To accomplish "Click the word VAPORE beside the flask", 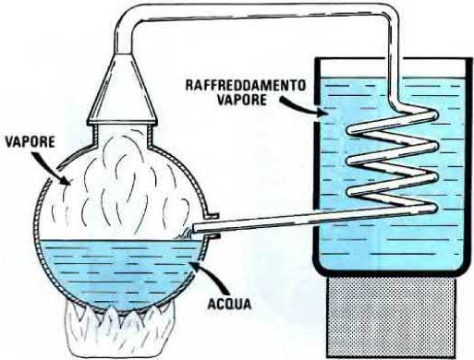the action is [x=30, y=141].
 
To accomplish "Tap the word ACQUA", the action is [x=230, y=304].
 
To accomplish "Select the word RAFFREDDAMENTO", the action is [x=246, y=85].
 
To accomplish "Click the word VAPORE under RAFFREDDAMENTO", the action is [x=242, y=100].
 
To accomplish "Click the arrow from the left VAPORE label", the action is [x=54, y=169].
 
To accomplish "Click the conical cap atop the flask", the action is [x=123, y=90].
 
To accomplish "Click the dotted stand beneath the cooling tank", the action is [x=393, y=317].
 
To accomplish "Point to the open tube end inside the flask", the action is [x=194, y=229].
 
